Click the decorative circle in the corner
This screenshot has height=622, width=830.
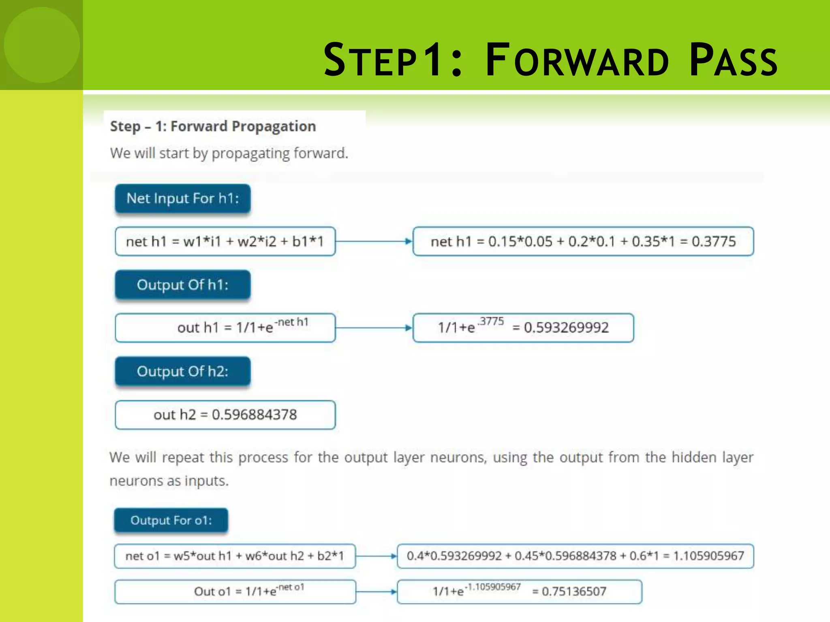coord(42,45)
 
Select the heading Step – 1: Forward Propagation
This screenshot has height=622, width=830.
coord(213,126)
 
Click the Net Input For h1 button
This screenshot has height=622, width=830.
coord(183,198)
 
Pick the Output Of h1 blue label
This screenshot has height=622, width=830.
coord(183,285)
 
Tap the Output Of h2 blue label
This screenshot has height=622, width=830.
coord(183,371)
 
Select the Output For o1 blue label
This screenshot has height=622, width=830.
coord(171,520)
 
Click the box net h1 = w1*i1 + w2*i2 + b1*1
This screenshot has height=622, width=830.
coord(225,242)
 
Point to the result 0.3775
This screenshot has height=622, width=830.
coord(713,242)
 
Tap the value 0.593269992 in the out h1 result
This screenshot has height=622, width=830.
coord(566,328)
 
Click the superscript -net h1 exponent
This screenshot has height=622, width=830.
coord(292,322)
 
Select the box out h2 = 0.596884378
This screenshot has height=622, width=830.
coord(225,415)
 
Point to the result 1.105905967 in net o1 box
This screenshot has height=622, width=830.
coord(708,556)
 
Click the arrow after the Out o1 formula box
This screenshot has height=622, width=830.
coord(376,592)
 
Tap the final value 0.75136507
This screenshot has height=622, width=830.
coord(574,592)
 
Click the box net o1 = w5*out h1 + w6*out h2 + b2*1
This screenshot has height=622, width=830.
coord(235,556)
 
